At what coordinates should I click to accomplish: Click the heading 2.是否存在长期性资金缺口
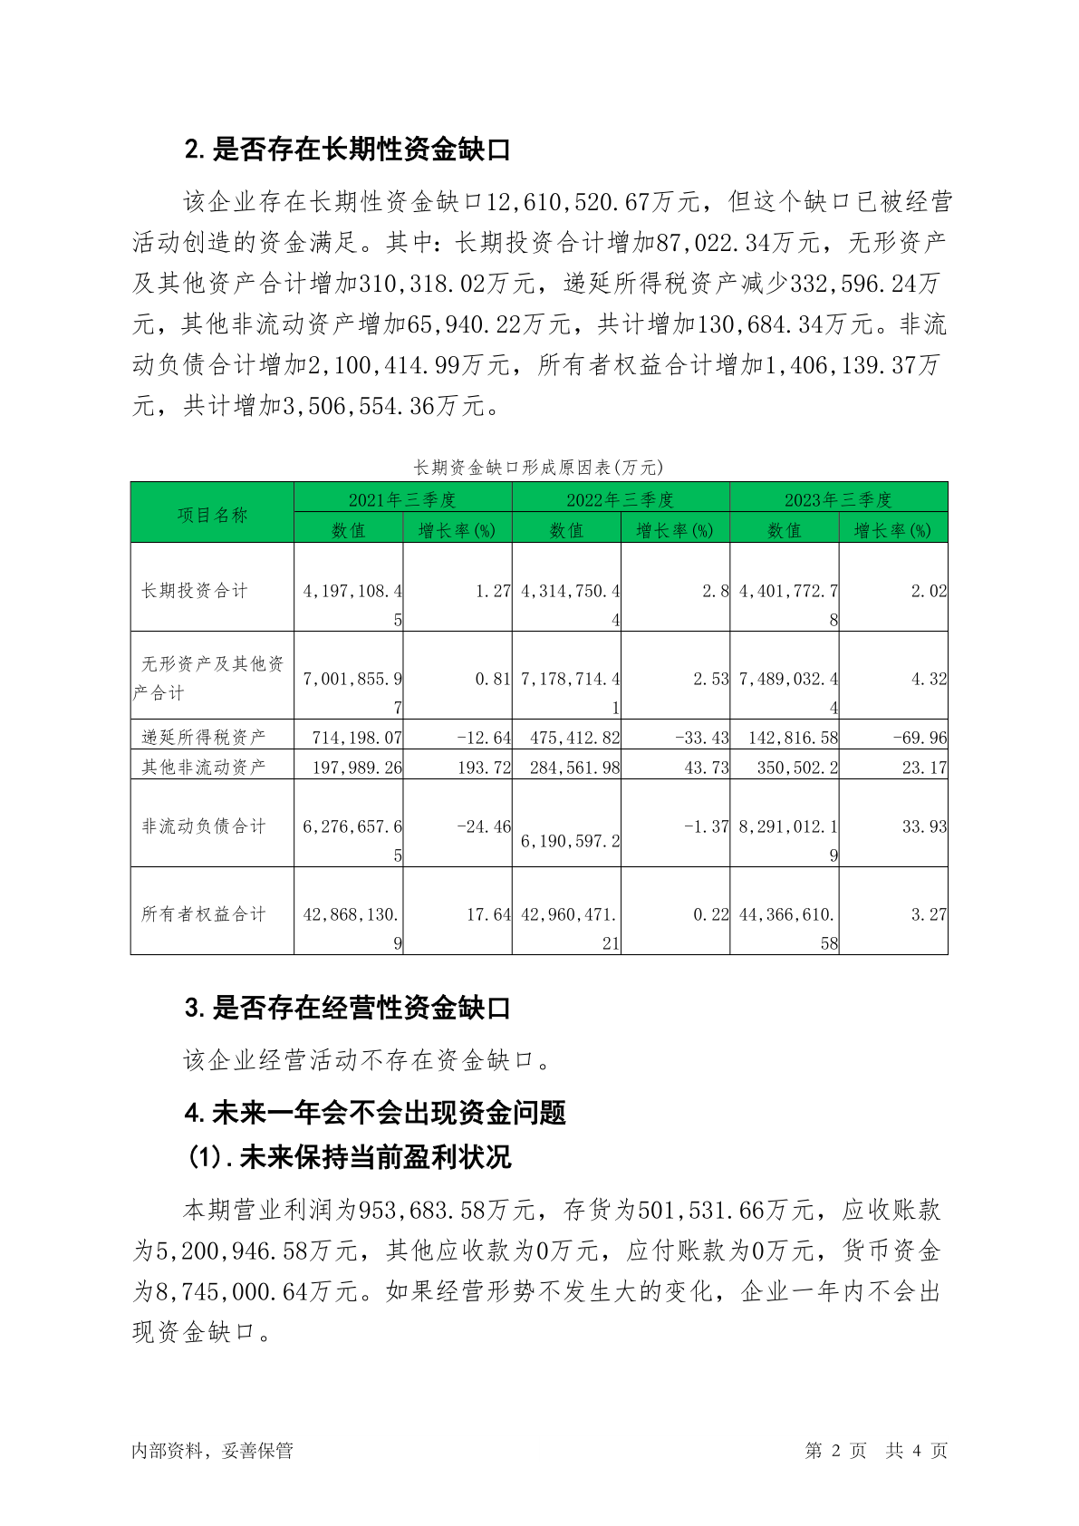pos(348,150)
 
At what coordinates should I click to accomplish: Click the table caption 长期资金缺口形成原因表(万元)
pos(538,468)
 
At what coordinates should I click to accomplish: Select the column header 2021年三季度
pos(402,499)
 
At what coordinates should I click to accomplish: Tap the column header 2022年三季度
pos(621,499)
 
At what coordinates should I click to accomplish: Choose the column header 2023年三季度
pos(838,499)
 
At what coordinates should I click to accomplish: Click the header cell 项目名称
pos(212,515)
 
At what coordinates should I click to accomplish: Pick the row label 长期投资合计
pos(194,591)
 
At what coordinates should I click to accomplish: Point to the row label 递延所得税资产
pos(203,737)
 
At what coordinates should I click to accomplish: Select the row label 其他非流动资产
pos(203,767)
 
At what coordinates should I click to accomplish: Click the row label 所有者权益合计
pos(203,914)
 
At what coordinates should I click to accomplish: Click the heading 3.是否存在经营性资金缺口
pos(348,1009)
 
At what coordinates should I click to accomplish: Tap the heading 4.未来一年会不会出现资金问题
pos(375,1112)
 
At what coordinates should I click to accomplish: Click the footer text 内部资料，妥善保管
pos(212,1451)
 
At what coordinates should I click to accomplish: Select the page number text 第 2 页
pos(835,1451)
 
